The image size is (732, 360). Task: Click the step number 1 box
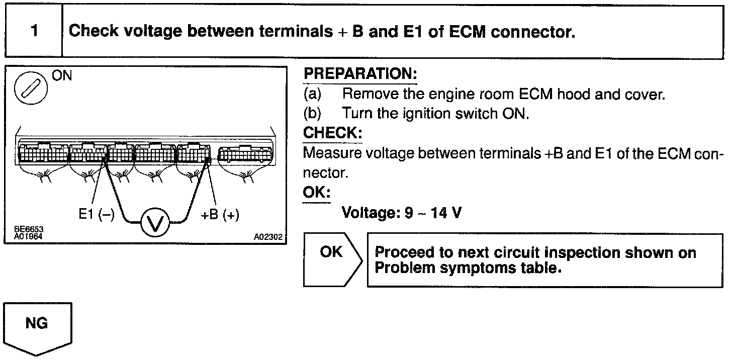point(34,31)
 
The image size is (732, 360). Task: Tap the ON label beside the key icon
point(62,76)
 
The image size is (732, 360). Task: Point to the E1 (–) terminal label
point(97,215)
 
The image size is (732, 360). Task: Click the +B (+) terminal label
point(220,215)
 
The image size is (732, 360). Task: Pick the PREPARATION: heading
point(360,74)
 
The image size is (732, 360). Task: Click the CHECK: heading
point(332,133)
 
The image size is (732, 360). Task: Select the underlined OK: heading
point(316,193)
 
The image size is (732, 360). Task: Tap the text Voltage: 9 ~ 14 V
point(402,213)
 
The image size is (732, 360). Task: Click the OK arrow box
point(332,259)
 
